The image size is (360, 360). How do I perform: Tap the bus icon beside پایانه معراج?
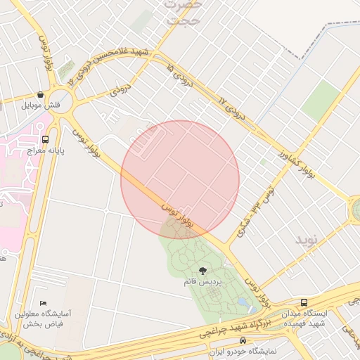46,139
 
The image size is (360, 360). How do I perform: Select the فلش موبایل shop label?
41,105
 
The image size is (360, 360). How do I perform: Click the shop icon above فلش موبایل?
41,94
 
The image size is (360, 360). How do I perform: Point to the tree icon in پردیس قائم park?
202,271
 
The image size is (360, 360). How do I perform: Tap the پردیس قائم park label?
202,282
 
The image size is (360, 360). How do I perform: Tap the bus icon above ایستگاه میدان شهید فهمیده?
304,302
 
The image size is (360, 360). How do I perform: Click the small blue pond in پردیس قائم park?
243,302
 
